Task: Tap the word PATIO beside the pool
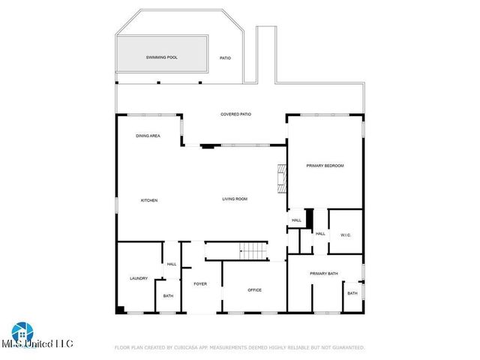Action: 225,58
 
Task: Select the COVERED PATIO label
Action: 235,115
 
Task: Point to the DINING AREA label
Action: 147,136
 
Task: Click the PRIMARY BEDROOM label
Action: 325,165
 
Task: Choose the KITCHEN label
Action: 149,199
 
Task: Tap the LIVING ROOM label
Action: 234,199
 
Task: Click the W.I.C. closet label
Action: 346,235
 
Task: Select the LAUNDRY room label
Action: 138,278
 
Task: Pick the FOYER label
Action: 200,283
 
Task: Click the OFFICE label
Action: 254,289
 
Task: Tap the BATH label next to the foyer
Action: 168,295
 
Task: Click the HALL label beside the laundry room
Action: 172,264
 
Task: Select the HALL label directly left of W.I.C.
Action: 320,234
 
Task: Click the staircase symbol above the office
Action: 253,251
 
